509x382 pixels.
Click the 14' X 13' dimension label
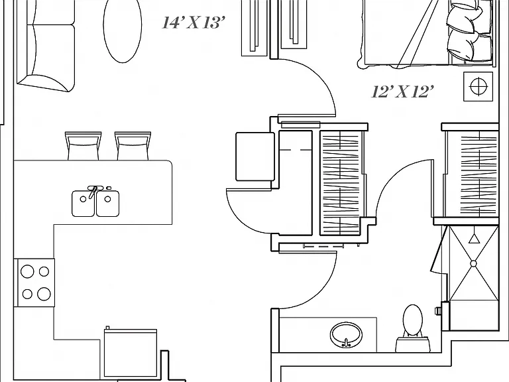[194, 23]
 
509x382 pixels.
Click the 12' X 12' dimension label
[402, 92]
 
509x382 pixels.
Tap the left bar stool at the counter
[83, 145]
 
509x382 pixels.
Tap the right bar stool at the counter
[133, 145]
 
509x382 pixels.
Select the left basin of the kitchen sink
[83, 204]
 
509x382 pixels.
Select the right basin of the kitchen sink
[108, 204]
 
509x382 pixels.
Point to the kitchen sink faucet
[94, 191]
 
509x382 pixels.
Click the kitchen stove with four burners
[36, 283]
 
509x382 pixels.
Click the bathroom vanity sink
[346, 334]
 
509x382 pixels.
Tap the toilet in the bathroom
[412, 328]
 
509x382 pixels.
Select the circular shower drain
[473, 263]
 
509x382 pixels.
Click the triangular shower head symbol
[474, 239]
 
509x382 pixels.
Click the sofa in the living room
[46, 46]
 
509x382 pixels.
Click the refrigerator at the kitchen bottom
[131, 354]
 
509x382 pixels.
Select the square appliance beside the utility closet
[254, 157]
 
